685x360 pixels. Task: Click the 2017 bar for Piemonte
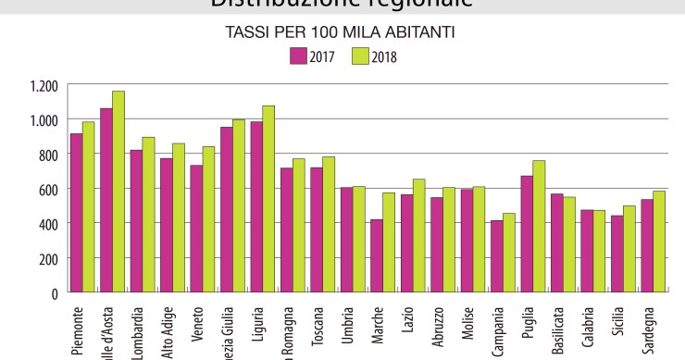coord(77,213)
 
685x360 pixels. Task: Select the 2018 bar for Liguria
coord(268,199)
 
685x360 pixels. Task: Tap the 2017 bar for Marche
coord(377,255)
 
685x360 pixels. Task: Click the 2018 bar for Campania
coord(509,253)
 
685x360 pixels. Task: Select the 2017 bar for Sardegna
coord(647,245)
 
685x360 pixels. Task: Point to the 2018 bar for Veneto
coord(208,219)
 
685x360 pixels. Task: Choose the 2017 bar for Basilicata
coord(557,242)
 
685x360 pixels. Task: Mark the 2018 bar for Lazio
coord(418,235)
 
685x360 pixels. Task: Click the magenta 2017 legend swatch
coord(298,56)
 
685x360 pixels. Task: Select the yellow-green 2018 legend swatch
coord(361,56)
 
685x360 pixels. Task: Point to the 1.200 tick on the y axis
coord(43,85)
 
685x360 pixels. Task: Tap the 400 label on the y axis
coord(48,224)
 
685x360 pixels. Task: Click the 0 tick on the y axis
coord(55,293)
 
